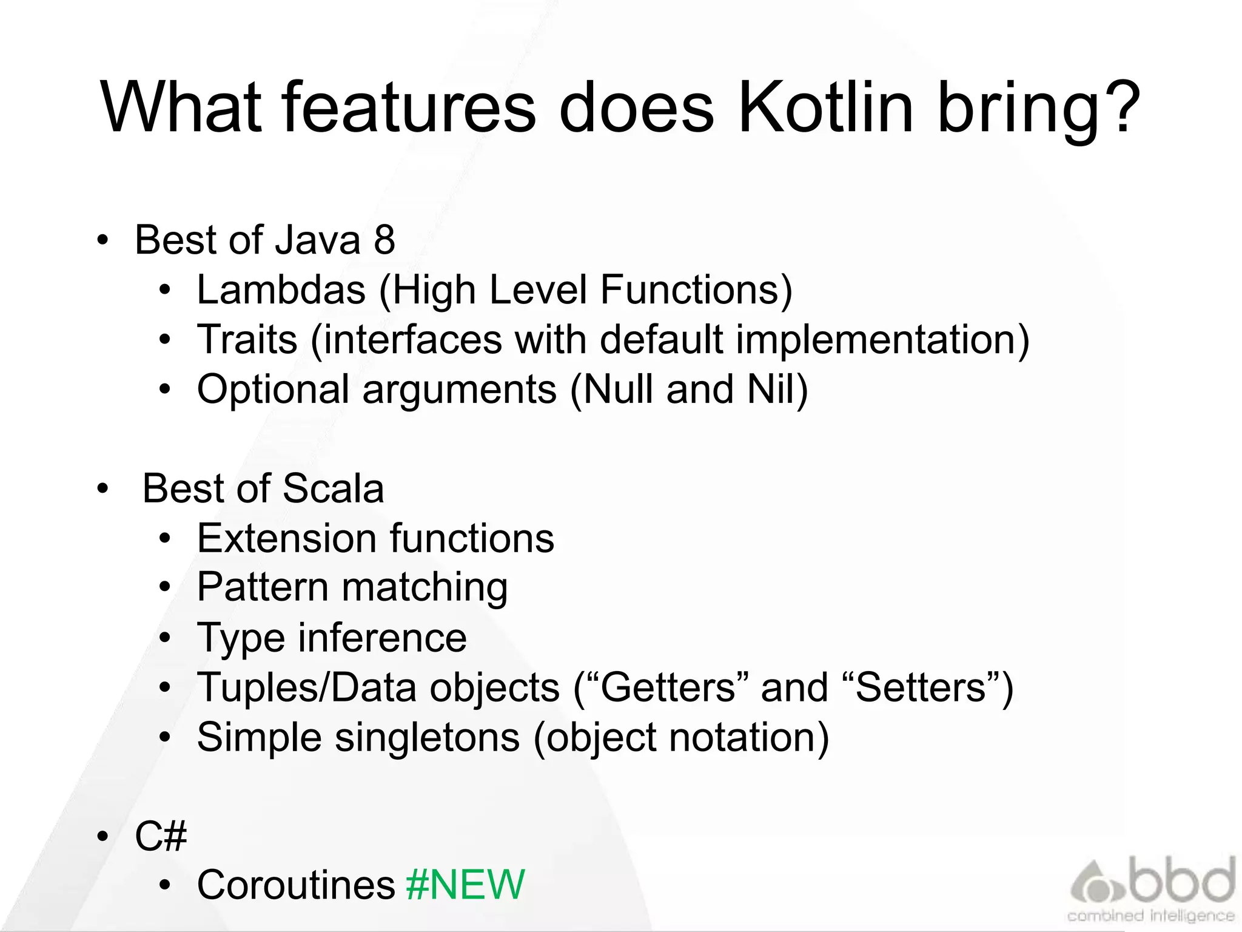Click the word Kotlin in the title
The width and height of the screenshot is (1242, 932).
click(x=825, y=108)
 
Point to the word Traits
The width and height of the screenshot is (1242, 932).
click(x=247, y=339)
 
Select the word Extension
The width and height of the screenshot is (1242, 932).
click(x=287, y=538)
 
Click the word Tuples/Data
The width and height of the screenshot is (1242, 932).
click(x=307, y=687)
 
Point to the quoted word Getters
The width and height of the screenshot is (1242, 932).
click(x=666, y=687)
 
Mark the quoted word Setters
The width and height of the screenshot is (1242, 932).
click(x=921, y=687)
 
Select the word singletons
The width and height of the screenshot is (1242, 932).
click(x=427, y=737)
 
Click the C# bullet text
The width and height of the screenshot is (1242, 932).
click(x=161, y=836)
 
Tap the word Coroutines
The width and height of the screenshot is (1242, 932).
click(x=296, y=885)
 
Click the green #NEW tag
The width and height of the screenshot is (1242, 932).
click(x=465, y=885)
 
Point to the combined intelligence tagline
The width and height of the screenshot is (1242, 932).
click(x=1150, y=916)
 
